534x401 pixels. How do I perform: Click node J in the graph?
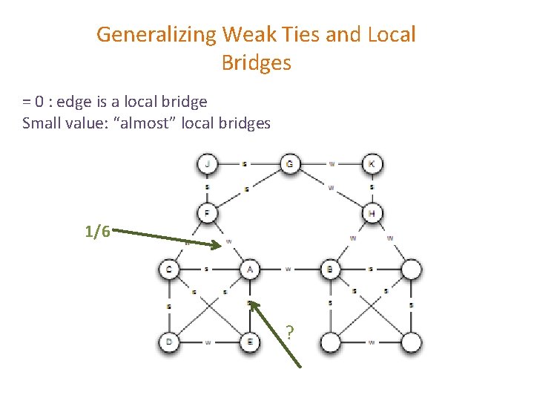[208, 163]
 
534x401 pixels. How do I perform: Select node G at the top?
[289, 163]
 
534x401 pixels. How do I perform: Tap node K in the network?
[372, 163]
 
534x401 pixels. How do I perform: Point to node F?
[208, 214]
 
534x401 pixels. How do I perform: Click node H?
[372, 214]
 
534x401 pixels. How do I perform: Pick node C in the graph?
[169, 269]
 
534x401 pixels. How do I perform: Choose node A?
[250, 269]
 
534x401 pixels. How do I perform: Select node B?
[330, 269]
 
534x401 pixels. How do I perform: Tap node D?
[169, 342]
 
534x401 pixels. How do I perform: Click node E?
[250, 342]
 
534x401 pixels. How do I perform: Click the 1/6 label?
[98, 232]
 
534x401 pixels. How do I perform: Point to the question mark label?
[290, 332]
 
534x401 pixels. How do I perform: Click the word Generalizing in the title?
[156, 35]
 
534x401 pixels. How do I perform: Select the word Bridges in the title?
[256, 63]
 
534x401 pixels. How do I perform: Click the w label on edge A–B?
[289, 269]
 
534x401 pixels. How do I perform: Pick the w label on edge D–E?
[208, 342]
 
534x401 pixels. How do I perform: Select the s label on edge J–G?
[245, 163]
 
